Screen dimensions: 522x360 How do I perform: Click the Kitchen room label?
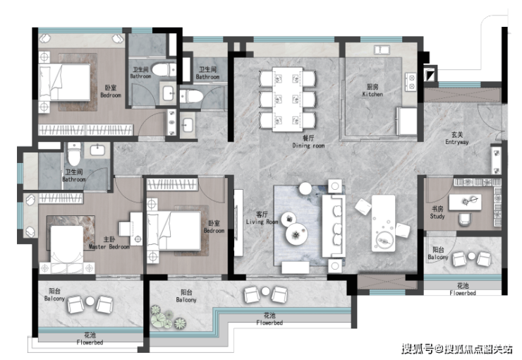click(x=372, y=90)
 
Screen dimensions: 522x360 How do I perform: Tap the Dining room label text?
click(x=308, y=142)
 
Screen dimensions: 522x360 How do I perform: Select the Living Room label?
click(x=262, y=218)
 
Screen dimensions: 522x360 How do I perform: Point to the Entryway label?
click(x=457, y=138)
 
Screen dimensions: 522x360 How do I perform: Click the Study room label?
click(x=437, y=212)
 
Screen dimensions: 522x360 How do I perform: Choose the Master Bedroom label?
click(x=109, y=243)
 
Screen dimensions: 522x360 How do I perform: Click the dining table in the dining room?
click(x=288, y=100)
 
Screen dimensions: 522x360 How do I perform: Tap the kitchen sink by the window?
click(x=382, y=50)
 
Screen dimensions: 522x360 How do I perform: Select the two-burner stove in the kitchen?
click(x=411, y=82)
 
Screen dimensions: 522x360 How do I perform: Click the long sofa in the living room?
click(x=334, y=226)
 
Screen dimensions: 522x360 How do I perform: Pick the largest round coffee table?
click(x=296, y=234)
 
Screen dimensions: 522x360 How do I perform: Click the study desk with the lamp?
click(x=465, y=202)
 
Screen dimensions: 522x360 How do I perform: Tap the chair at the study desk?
click(x=465, y=219)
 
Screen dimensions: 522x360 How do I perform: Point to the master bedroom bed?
click(x=66, y=244)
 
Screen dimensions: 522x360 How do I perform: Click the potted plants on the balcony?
click(x=167, y=317)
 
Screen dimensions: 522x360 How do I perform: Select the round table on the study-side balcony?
click(x=471, y=256)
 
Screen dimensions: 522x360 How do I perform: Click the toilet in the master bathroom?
click(x=74, y=154)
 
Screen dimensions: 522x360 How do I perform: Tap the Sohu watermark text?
click(x=457, y=349)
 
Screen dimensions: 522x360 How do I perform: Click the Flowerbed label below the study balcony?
click(x=463, y=289)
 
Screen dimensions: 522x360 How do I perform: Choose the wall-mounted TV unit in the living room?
click(x=238, y=223)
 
